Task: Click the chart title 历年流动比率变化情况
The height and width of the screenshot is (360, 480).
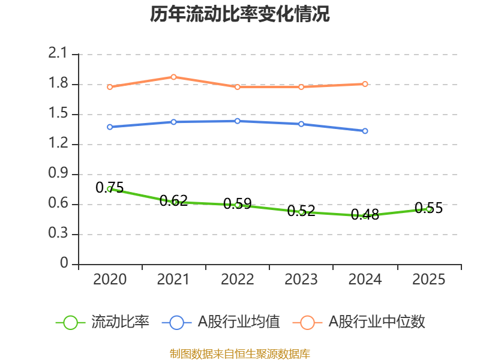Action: coord(240,14)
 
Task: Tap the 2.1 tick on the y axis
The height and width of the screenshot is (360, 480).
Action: coord(58,54)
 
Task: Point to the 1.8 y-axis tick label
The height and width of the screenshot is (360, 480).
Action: coord(58,84)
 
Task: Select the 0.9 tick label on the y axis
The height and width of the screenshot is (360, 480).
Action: coord(58,174)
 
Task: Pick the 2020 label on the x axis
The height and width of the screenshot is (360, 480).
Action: coord(110,280)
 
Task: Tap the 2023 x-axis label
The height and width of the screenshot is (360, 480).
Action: coord(301,280)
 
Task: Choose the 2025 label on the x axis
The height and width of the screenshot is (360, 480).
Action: coord(428,280)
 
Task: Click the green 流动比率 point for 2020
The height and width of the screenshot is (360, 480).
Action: coord(110,189)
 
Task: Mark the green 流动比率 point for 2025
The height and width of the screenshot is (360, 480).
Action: coord(428,209)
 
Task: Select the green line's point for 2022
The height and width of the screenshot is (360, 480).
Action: coord(238,205)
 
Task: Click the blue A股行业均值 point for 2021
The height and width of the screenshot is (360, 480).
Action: coord(173,122)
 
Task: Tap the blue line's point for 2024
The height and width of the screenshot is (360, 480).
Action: coord(365,131)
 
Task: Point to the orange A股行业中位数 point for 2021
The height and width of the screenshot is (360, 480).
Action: coord(173,77)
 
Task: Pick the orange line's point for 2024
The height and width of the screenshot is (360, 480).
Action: coord(365,84)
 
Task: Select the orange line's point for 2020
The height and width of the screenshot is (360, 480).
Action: coord(110,87)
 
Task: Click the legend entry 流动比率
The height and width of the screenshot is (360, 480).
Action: coord(102,322)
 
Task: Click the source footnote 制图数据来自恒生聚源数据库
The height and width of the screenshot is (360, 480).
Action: coord(240,353)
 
